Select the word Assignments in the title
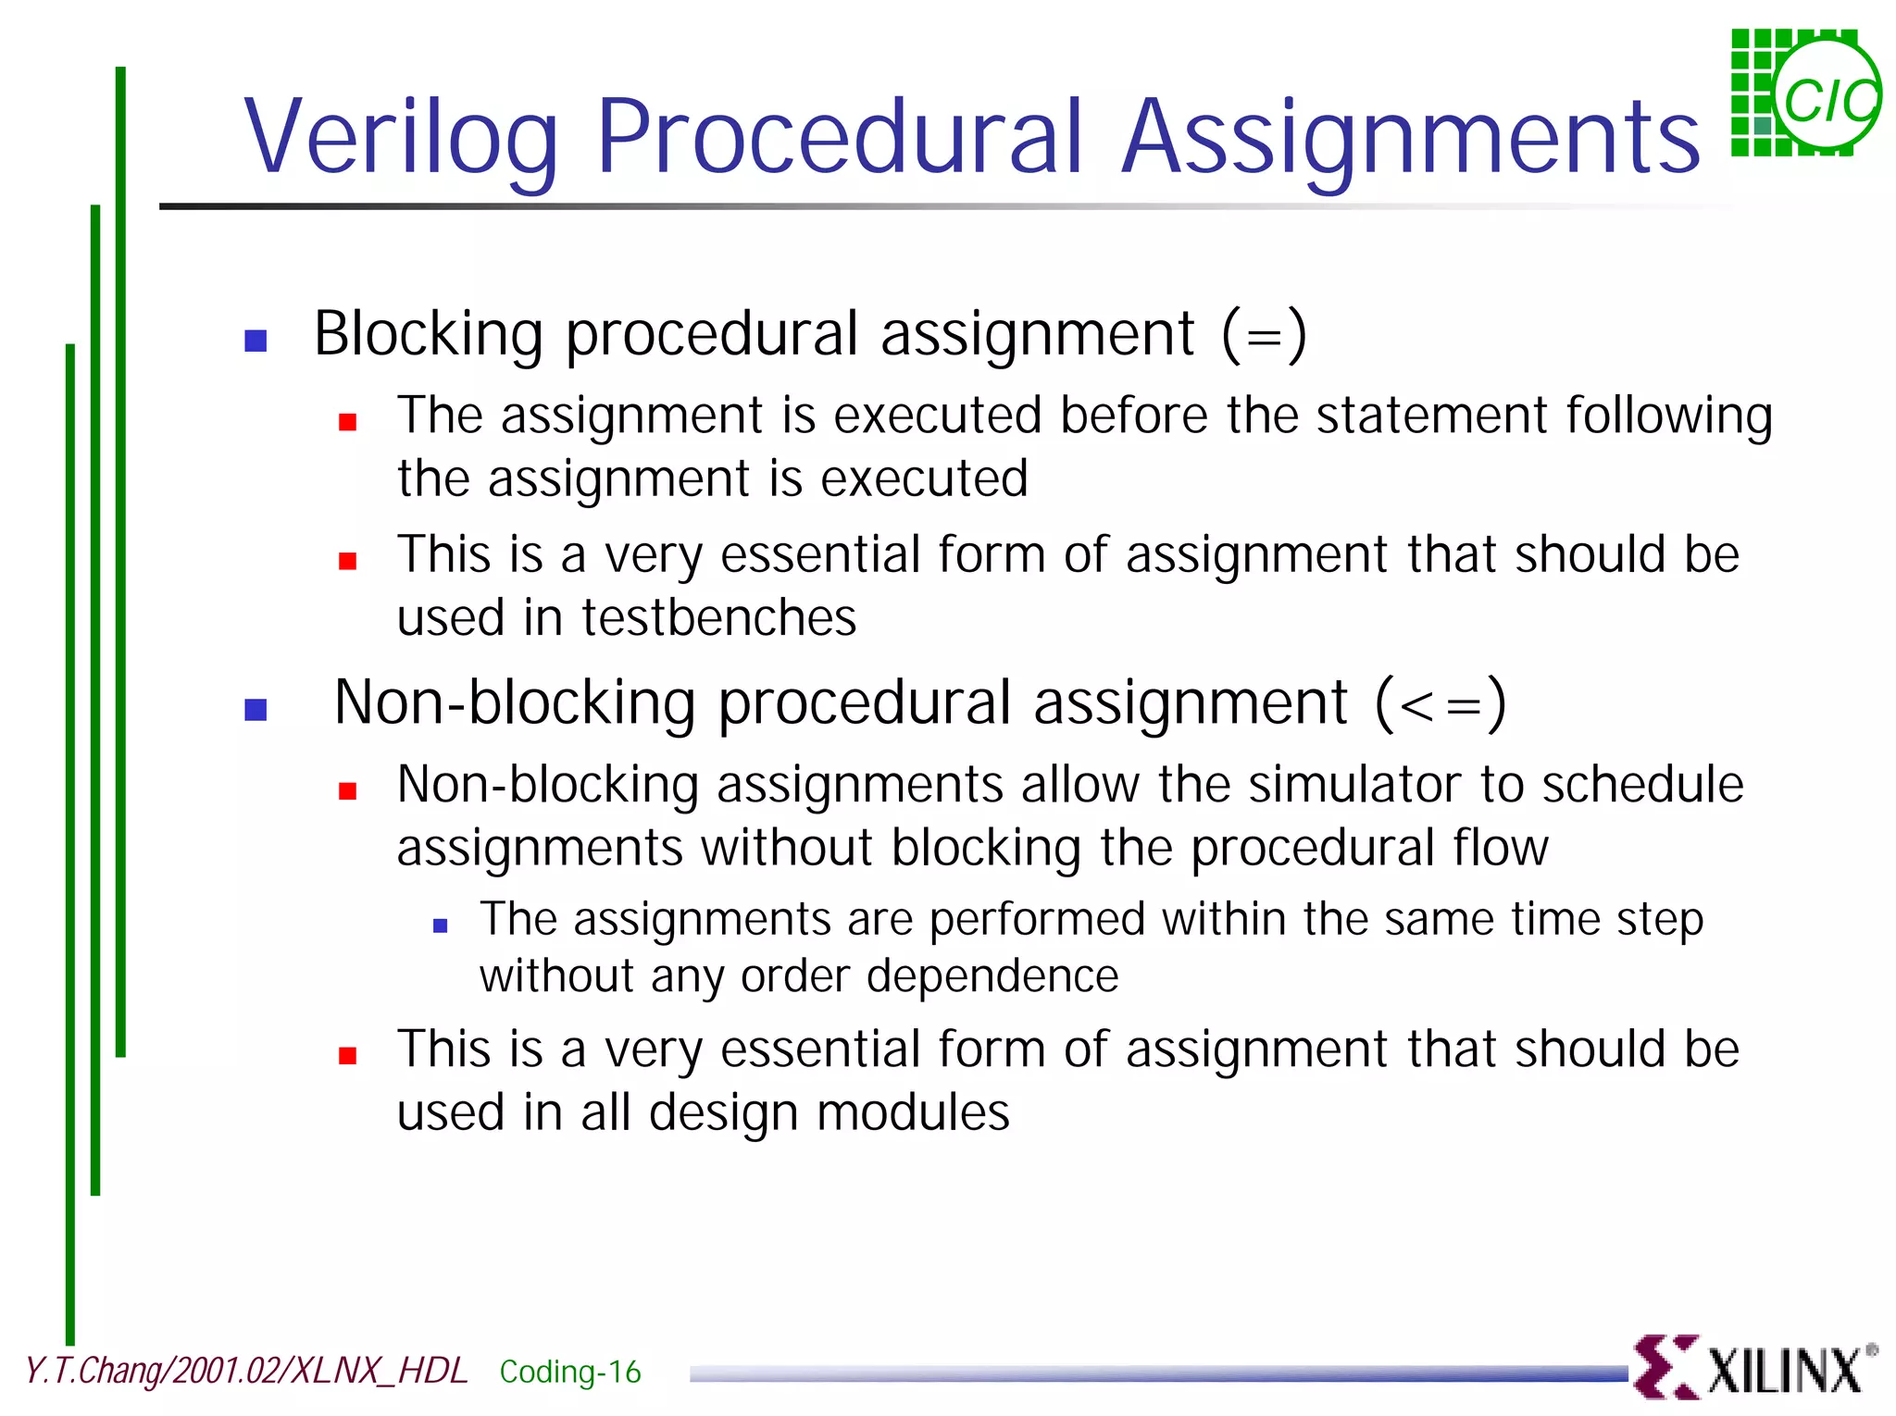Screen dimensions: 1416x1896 [x=1410, y=139]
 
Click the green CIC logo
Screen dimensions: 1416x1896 [x=1805, y=93]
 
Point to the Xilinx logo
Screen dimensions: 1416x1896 [x=1754, y=1367]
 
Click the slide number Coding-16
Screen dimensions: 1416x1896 [x=569, y=1372]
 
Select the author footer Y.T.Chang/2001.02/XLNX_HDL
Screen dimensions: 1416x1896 [x=245, y=1371]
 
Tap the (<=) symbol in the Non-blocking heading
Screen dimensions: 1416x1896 [x=1441, y=703]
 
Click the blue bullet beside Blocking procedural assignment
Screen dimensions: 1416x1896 [x=256, y=341]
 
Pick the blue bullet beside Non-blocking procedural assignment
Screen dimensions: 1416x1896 [x=256, y=710]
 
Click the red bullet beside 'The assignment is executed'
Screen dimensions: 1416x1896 [x=348, y=423]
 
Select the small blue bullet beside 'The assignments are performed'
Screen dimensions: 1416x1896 [x=441, y=925]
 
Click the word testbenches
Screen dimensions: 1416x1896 [x=718, y=617]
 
